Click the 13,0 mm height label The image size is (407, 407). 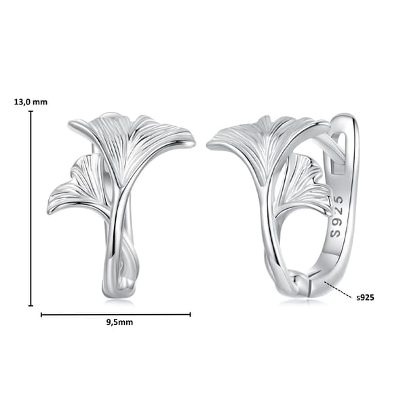31,102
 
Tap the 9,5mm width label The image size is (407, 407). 119,322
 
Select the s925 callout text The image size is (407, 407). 365,297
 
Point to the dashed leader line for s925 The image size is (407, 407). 339,290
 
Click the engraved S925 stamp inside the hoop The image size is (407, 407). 336,217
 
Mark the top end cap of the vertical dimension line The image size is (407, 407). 31,111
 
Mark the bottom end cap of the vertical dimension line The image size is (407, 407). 31,305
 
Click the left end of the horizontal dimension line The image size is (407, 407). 41,315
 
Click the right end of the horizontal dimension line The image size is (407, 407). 190,315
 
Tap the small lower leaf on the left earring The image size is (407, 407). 78,187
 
